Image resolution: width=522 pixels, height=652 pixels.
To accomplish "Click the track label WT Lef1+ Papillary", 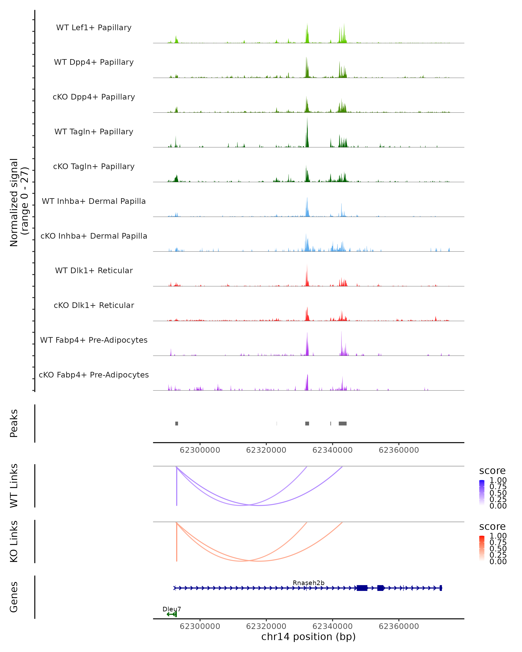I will [x=94, y=28].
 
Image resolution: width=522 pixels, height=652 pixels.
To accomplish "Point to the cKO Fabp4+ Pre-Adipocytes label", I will [x=94, y=375].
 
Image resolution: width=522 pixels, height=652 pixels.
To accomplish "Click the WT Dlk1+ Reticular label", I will [x=94, y=270].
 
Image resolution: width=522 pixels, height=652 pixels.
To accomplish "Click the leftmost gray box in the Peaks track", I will [x=177, y=423].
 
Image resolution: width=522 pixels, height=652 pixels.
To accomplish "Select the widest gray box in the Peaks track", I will [x=343, y=423].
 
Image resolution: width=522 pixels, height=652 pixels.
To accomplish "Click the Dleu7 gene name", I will [x=172, y=609].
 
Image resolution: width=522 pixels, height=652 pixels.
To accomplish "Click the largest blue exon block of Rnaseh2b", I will [x=362, y=588].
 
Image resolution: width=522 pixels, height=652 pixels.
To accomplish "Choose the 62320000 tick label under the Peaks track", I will [x=266, y=450].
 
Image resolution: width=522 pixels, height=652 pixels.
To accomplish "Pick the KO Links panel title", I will [x=14, y=541].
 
